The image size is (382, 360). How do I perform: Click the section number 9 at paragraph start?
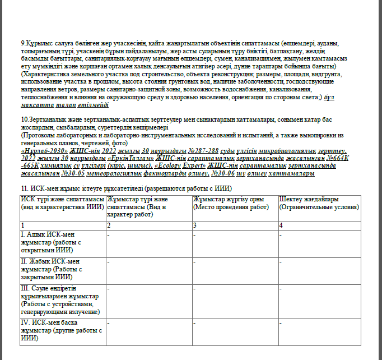(22, 43)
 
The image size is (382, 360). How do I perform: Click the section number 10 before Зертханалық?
(24, 120)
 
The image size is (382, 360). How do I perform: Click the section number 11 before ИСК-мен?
(24, 188)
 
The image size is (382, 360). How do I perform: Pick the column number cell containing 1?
(22, 224)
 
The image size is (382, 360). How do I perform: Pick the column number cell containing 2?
(109, 224)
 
